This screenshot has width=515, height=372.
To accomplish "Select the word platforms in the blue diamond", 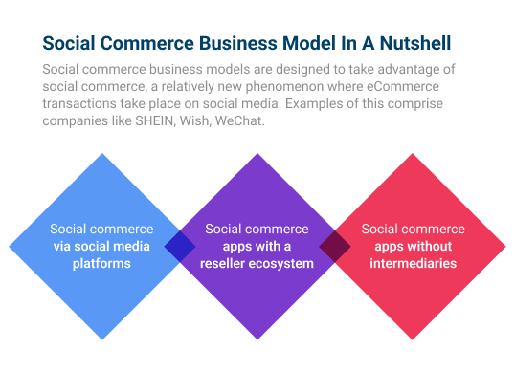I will pos(101,263).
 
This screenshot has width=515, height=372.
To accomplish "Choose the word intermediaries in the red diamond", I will pos(413,263).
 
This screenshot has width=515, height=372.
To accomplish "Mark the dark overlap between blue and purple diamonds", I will pos(180,246).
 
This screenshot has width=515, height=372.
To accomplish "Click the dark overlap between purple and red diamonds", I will pos(335,246).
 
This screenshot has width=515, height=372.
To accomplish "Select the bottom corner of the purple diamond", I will pos(257,340).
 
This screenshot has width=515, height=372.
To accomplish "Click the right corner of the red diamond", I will pos(507,246).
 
